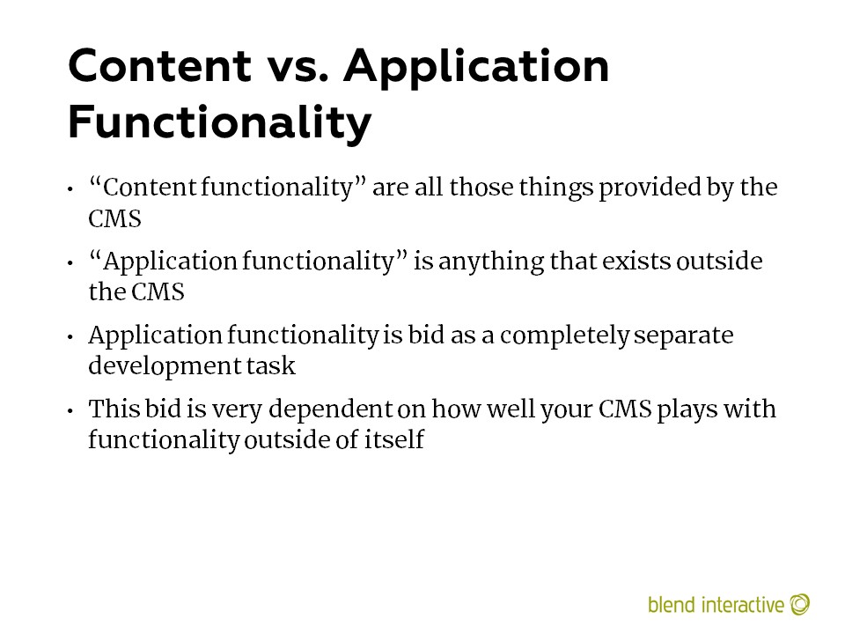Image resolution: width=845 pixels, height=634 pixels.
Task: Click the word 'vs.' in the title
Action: tap(298, 66)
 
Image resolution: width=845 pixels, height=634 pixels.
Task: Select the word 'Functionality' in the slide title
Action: tap(220, 123)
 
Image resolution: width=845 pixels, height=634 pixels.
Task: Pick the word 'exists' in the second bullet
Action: tap(636, 262)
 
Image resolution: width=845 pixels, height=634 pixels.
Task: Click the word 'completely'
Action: tap(564, 335)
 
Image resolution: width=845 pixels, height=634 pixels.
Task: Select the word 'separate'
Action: tap(684, 336)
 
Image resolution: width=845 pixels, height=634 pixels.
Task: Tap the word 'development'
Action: tap(165, 366)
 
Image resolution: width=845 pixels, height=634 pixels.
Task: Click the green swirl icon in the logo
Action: tap(800, 604)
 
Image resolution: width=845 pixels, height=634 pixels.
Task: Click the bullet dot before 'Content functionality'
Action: tap(70, 190)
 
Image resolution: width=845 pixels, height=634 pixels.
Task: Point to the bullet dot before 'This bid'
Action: tap(70, 411)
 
